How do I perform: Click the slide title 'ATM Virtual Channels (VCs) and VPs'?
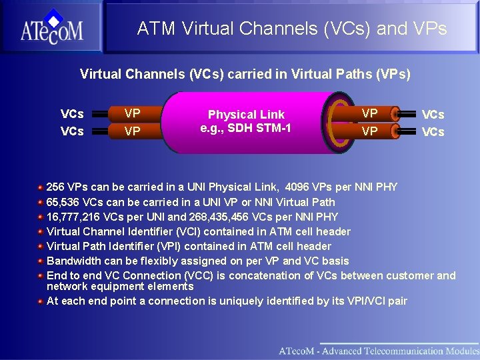[x=292, y=29]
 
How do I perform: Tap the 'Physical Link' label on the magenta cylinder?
[x=246, y=115]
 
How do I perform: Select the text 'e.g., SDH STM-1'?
[x=245, y=127]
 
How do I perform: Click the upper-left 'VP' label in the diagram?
[x=132, y=113]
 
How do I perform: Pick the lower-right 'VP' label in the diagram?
[x=369, y=131]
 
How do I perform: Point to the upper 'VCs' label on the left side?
[x=72, y=114]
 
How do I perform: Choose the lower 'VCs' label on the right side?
[x=433, y=132]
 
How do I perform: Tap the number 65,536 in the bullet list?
[x=65, y=202]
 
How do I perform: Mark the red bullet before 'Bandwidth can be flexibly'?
[x=41, y=261]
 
